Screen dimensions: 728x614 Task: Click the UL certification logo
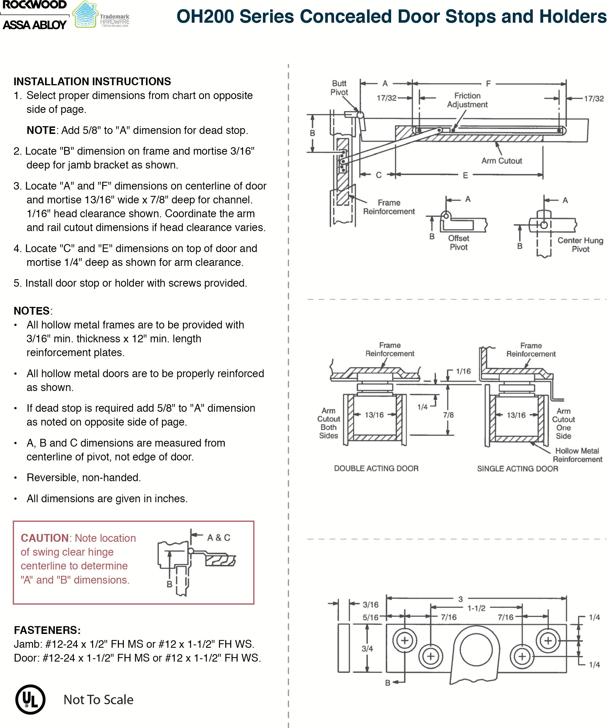point(30,699)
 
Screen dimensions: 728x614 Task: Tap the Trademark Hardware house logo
point(85,15)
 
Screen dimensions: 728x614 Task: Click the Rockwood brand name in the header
point(35,5)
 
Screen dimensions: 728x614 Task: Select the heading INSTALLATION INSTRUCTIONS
point(92,81)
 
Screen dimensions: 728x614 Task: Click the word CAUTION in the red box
point(45,538)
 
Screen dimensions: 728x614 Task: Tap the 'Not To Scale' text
point(99,700)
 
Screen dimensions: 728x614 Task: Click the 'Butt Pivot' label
point(339,88)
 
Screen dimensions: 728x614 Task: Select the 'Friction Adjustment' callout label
point(467,100)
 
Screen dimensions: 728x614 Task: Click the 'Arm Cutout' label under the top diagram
point(502,161)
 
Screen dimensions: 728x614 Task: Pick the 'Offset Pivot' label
point(458,243)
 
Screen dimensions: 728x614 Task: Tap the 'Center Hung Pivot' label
point(580,245)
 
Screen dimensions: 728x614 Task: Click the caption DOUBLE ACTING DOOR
point(376,468)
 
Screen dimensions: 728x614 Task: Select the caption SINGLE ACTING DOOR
point(517,469)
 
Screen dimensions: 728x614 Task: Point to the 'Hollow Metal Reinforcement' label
point(577,455)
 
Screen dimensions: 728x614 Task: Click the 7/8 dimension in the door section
point(448,415)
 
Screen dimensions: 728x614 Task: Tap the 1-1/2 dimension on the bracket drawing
point(476,608)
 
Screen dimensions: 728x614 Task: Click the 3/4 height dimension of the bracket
point(367,649)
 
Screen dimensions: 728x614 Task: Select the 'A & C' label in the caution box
point(219,538)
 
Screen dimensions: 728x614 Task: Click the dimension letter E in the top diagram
point(465,175)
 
